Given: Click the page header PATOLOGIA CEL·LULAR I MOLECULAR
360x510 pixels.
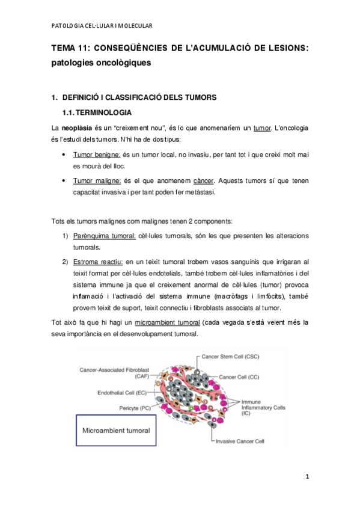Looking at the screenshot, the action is tap(102, 25).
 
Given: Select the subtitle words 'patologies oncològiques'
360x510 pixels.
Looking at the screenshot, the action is tap(100, 63).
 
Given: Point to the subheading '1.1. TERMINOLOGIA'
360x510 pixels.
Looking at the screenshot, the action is tap(102, 113).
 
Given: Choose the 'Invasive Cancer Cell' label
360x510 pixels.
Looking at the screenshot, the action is tap(240, 441).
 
